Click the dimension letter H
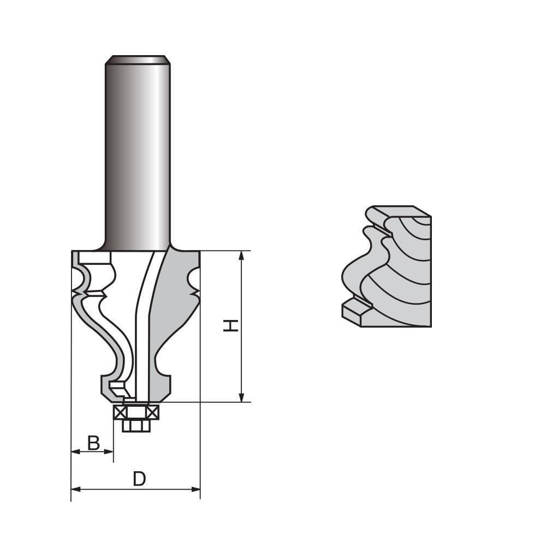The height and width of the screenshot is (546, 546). point(231,325)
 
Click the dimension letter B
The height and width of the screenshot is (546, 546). point(93,443)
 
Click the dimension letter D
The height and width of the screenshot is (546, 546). point(139,479)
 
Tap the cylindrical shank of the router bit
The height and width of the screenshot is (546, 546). point(138,153)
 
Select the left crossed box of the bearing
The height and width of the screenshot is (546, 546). point(120,413)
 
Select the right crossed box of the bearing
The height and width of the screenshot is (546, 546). point(153,413)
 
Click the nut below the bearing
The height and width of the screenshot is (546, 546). point(136,425)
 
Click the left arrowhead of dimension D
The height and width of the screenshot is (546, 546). point(75,489)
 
